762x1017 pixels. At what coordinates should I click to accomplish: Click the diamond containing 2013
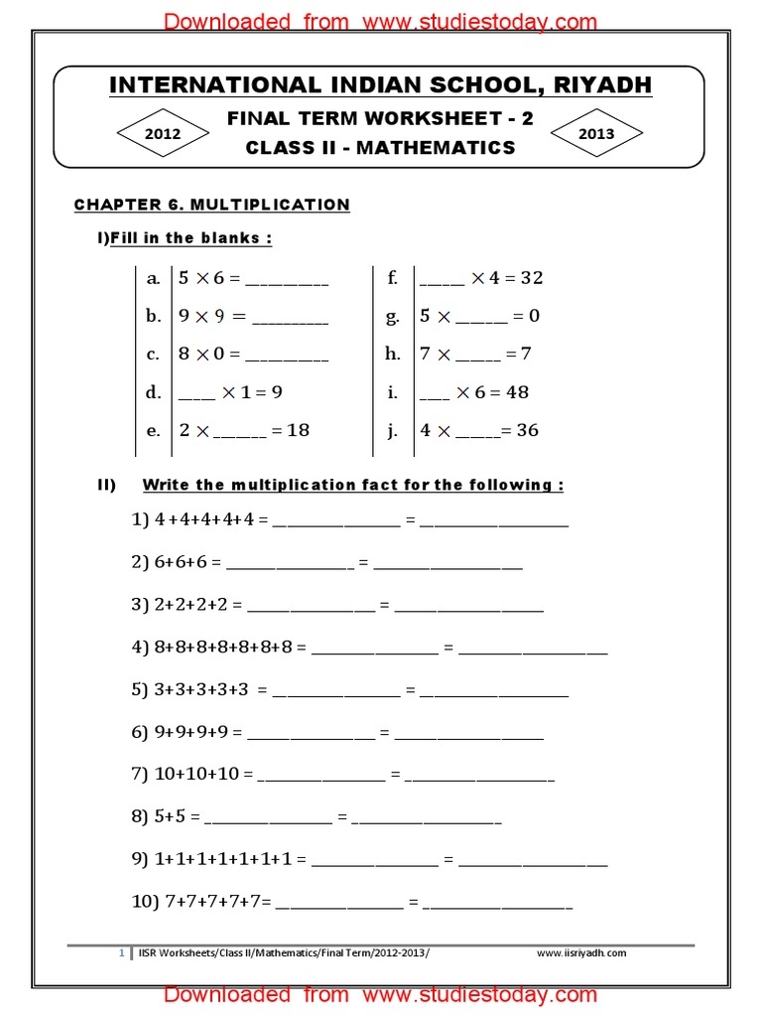tap(595, 134)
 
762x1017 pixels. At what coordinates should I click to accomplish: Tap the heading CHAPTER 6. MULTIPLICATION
tap(212, 205)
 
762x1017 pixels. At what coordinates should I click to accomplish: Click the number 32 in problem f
tap(531, 278)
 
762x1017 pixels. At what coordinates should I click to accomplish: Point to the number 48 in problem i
tap(517, 392)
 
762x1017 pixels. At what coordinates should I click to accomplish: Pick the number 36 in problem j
tap(527, 431)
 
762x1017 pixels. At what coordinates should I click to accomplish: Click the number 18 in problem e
tap(298, 431)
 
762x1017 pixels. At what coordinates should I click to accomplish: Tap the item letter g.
tap(393, 317)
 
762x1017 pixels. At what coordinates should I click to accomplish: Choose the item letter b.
tap(153, 317)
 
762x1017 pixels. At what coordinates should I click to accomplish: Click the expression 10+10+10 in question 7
tap(197, 774)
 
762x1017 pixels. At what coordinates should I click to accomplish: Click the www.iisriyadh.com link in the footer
tap(581, 953)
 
